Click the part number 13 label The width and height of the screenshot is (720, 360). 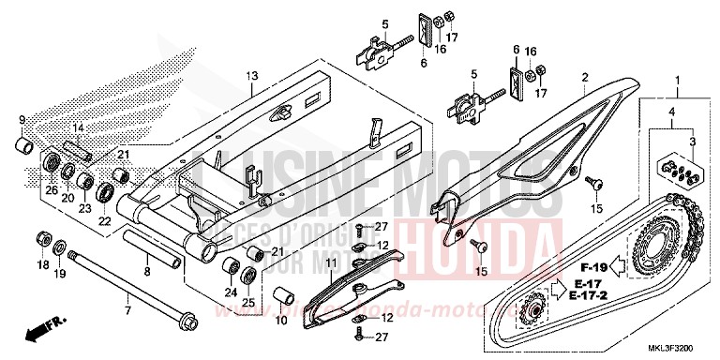(250, 75)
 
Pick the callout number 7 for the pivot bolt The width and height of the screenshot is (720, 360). (128, 307)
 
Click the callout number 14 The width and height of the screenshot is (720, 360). (78, 127)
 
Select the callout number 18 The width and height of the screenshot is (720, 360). (43, 266)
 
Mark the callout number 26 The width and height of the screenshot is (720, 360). (51, 191)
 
